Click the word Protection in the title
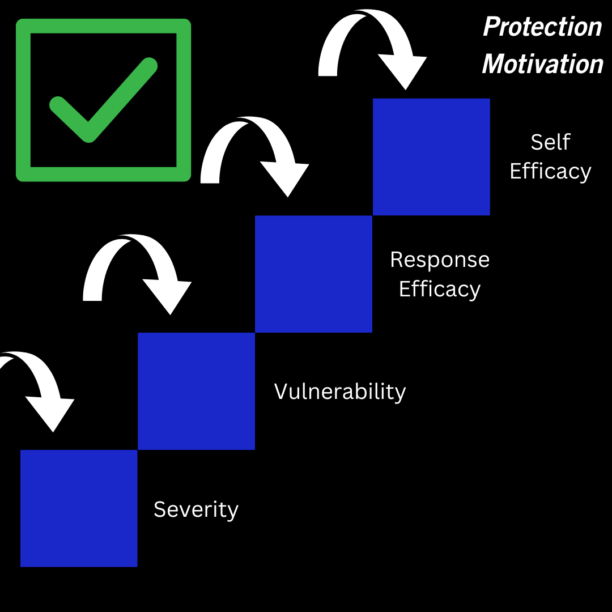[x=542, y=27]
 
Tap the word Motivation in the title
[x=542, y=64]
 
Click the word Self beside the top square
[x=550, y=142]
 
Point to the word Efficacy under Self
[x=550, y=171]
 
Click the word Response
[x=440, y=260]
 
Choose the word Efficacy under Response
[x=440, y=289]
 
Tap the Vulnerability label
[x=340, y=392]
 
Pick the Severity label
[x=196, y=509]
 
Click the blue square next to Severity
[x=79, y=508]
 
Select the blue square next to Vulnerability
[x=196, y=391]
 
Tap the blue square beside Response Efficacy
[x=313, y=274]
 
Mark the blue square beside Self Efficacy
[x=431, y=157]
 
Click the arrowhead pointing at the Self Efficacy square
[x=403, y=71]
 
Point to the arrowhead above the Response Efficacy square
[x=286, y=178]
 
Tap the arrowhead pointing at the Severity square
[x=52, y=413]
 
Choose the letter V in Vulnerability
[x=281, y=391]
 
